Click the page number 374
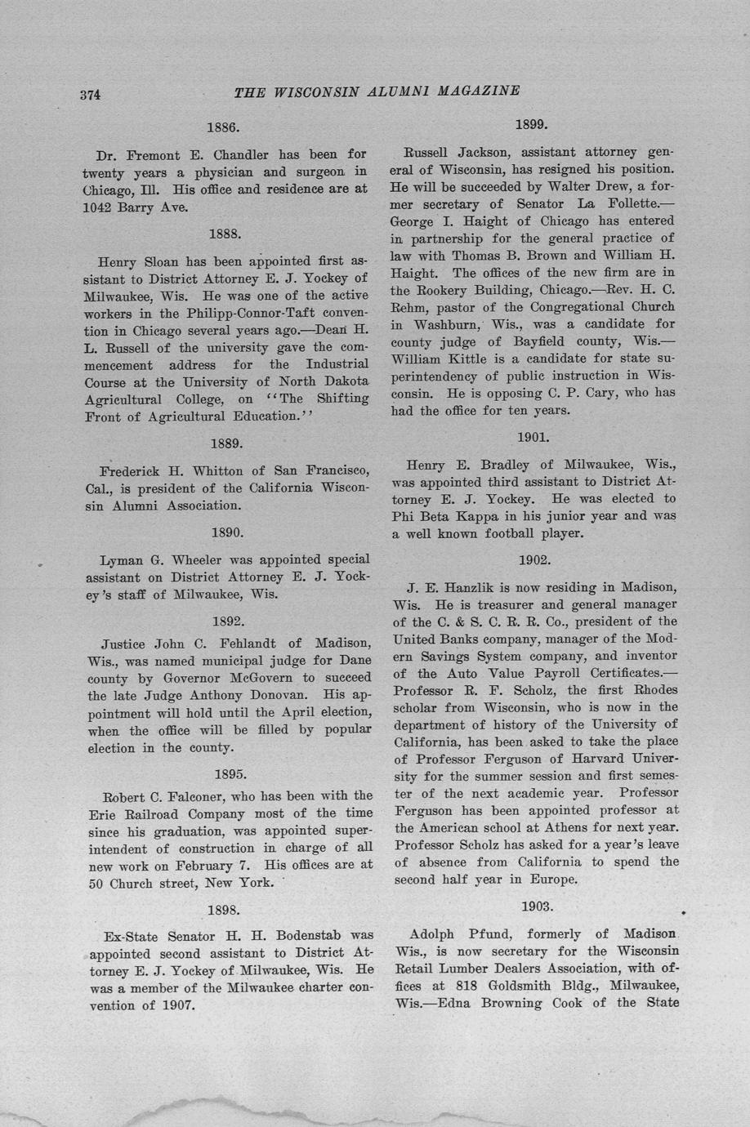[90, 95]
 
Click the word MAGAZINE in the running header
[479, 91]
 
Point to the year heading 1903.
[536, 906]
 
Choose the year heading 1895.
[230, 773]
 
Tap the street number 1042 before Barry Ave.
[101, 207]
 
